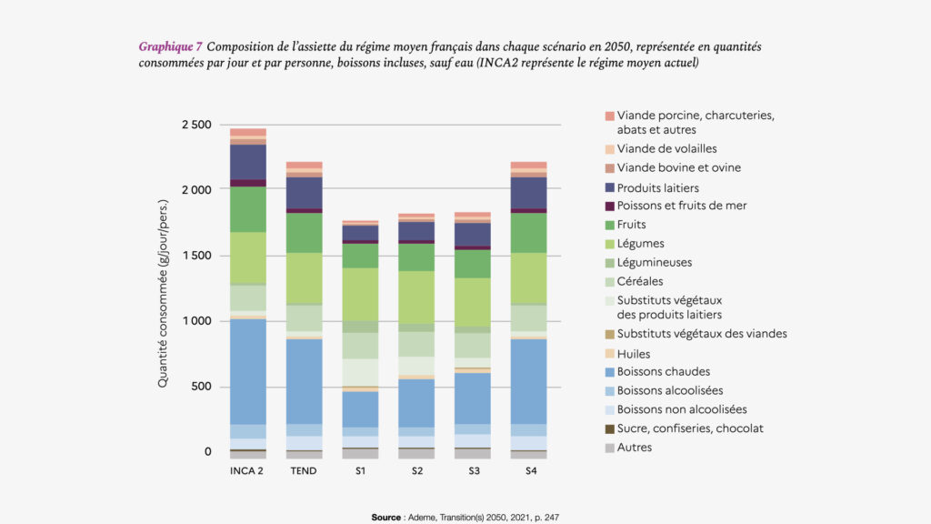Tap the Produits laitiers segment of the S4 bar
click(528, 193)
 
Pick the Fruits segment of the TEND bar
click(304, 232)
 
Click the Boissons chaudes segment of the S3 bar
click(473, 398)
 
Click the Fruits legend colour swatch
click(609, 225)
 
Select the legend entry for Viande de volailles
click(666, 148)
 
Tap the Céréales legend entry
click(640, 281)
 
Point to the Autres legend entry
click(634, 447)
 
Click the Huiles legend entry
click(634, 354)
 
